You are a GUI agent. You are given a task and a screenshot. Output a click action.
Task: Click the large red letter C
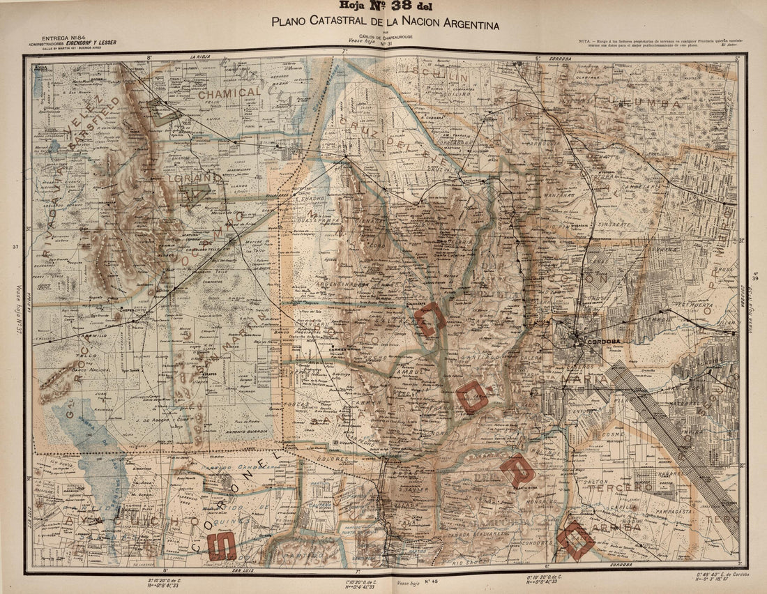coord(429,319)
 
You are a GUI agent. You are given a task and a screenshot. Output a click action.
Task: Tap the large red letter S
coord(221,546)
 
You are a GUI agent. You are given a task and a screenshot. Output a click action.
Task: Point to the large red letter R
coord(517,471)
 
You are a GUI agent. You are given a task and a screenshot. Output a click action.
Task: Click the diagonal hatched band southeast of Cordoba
coord(669,432)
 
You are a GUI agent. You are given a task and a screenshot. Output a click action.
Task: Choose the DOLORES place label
coord(335,459)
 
